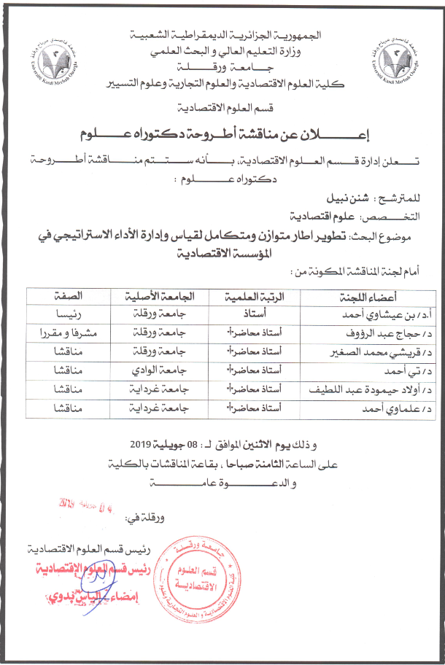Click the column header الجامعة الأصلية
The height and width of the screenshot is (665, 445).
(x=156, y=297)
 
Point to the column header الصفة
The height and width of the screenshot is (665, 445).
(x=66, y=297)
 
